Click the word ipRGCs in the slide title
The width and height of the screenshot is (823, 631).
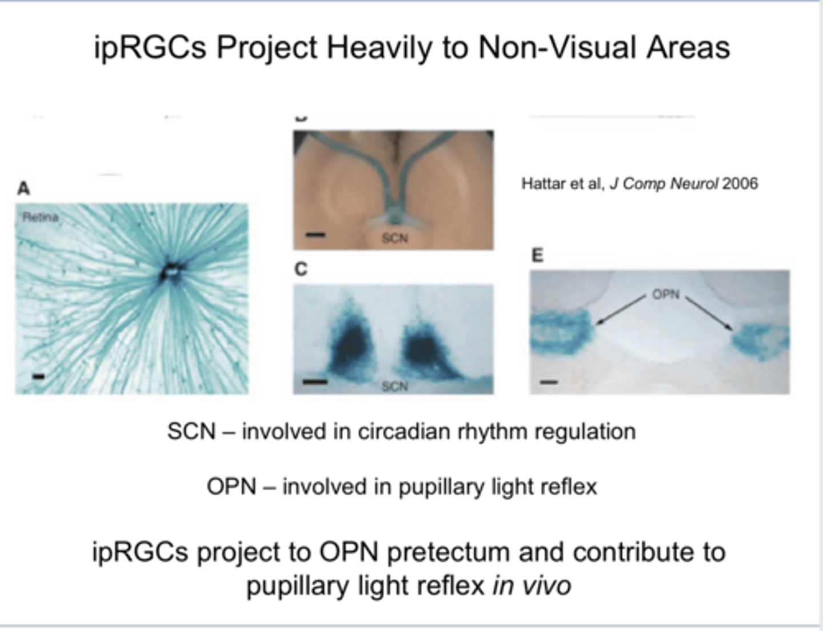tap(150, 47)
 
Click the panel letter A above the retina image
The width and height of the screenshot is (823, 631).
tap(23, 188)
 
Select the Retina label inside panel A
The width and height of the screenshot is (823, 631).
tap(40, 217)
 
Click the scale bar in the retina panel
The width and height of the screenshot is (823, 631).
tap(38, 376)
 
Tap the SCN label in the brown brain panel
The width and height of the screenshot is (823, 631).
tap(394, 238)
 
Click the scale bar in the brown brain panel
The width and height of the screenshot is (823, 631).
tap(315, 235)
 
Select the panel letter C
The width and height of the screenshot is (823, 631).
tap(301, 269)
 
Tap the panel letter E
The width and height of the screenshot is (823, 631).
tap(537, 255)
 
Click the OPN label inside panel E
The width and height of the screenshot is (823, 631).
tap(666, 295)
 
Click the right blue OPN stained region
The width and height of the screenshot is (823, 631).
tap(760, 341)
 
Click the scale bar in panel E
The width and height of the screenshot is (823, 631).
tap(549, 381)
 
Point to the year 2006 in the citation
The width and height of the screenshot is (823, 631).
tap(740, 184)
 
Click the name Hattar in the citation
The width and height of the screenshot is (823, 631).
tap(540, 184)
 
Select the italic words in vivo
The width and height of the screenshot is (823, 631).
tap(532, 586)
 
